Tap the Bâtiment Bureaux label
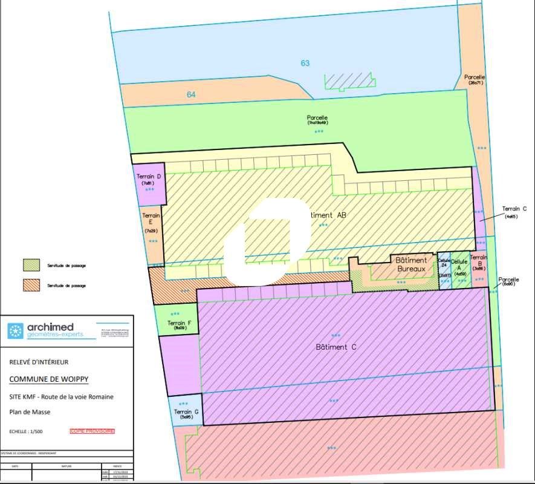click(x=411, y=264)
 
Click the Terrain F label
click(x=178, y=323)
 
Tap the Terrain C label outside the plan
click(x=514, y=209)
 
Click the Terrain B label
click(x=479, y=261)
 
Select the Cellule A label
click(x=460, y=265)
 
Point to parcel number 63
click(x=305, y=63)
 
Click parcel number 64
click(x=191, y=94)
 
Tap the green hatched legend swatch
click(x=31, y=265)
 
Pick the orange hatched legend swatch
click(x=31, y=284)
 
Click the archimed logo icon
click(x=15, y=331)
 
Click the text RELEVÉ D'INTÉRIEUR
click(x=39, y=362)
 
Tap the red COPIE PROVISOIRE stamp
click(x=92, y=431)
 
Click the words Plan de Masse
click(x=30, y=412)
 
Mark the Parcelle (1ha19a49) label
click(x=317, y=119)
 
